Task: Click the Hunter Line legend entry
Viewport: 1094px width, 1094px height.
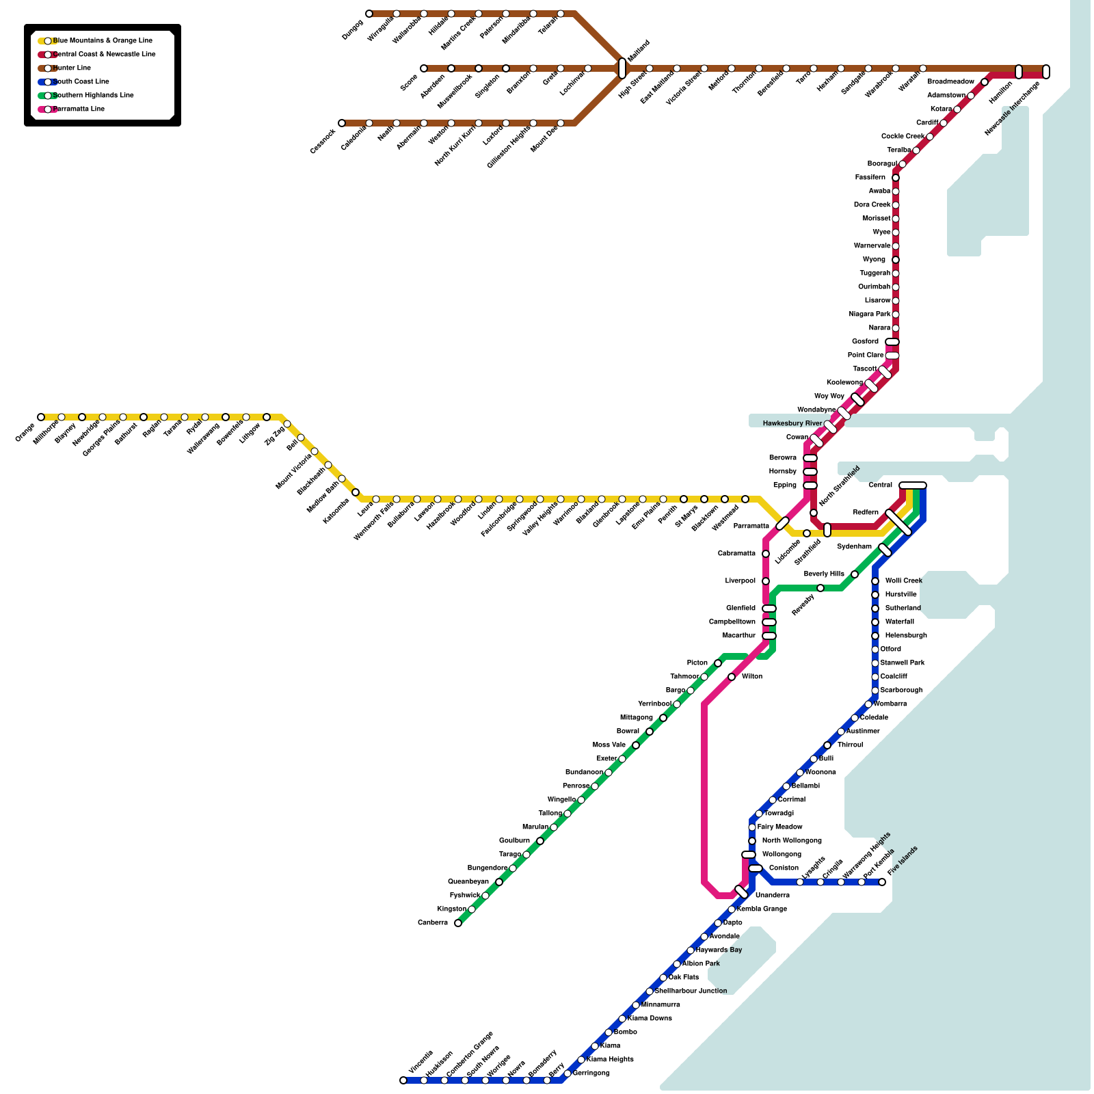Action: (x=72, y=68)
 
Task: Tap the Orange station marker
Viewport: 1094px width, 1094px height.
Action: (x=41, y=417)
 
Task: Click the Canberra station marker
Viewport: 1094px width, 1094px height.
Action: (x=458, y=923)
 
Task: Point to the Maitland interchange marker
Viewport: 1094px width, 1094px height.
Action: (x=622, y=68)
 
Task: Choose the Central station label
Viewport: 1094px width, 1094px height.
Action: (x=880, y=485)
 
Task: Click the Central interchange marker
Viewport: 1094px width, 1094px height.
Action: (x=913, y=485)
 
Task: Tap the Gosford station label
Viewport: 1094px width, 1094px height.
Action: (x=865, y=342)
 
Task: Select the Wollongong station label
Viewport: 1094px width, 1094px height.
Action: (x=782, y=855)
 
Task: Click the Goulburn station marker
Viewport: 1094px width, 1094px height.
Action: (x=540, y=841)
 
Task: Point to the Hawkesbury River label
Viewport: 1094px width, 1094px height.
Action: (x=792, y=424)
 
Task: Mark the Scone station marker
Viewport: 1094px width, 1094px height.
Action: (x=424, y=68)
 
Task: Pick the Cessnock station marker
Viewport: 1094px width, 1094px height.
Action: (x=342, y=123)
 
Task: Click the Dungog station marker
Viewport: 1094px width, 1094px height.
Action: (x=369, y=14)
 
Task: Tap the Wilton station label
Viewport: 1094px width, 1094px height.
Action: (x=752, y=677)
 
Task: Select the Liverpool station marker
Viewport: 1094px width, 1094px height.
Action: (x=766, y=581)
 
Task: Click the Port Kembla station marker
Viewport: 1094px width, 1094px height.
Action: (x=862, y=882)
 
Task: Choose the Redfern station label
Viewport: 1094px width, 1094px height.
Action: (x=866, y=513)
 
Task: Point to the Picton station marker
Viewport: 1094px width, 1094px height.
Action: (x=718, y=663)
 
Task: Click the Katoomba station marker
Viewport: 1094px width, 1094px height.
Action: (x=356, y=492)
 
